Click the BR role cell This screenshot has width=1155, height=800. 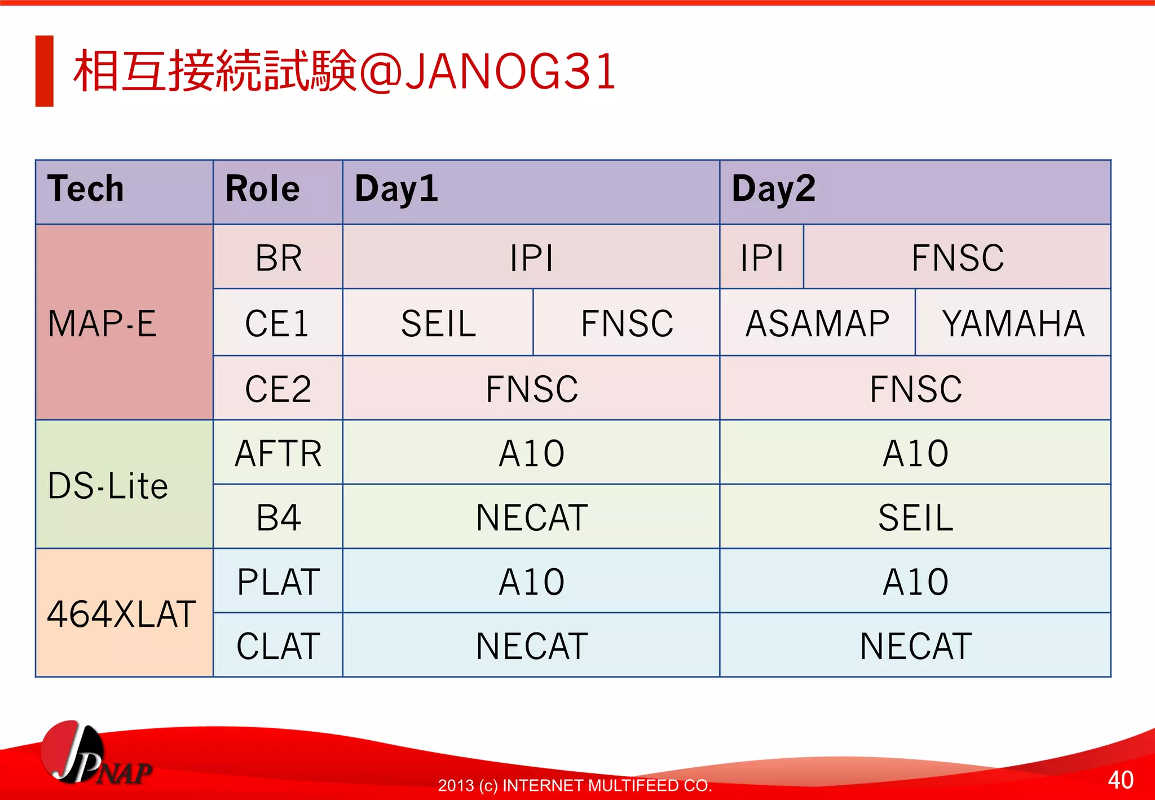(x=278, y=257)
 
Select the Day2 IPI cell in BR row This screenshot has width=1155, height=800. (x=761, y=257)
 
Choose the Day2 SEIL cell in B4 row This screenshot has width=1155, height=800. (x=915, y=517)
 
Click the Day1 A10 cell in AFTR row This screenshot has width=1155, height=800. (x=531, y=452)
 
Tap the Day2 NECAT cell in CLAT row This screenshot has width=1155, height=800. (x=915, y=645)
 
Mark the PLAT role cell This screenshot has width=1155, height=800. (x=278, y=581)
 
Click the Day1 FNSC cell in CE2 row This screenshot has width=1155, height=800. (x=531, y=388)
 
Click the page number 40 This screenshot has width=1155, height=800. (x=1120, y=780)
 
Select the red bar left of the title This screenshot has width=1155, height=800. (x=44, y=71)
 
